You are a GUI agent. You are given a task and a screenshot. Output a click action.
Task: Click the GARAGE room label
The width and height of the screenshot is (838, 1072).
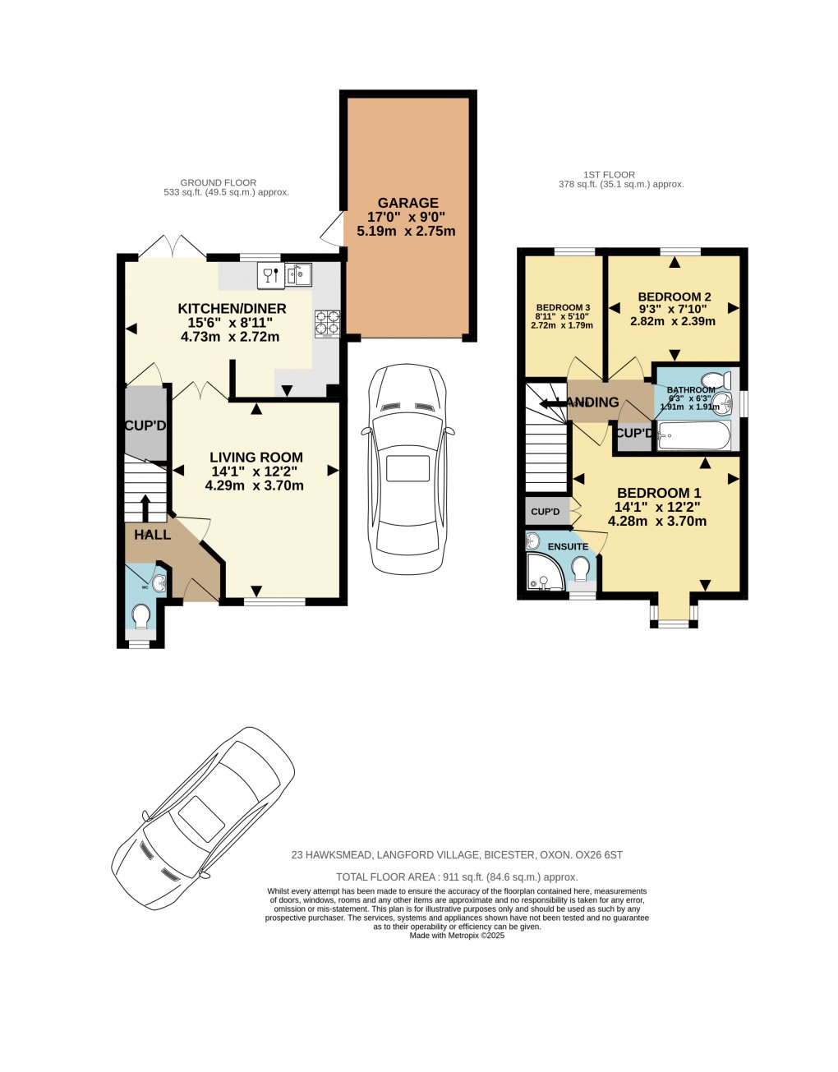[407, 203]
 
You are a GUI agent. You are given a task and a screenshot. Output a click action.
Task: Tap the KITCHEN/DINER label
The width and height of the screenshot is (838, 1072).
[232, 309]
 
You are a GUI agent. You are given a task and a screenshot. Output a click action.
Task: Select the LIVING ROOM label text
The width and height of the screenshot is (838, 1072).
[256, 458]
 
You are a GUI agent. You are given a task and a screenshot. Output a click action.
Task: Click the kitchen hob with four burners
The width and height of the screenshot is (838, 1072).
[328, 323]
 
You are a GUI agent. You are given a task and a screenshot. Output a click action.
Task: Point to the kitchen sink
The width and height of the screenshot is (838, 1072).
[298, 275]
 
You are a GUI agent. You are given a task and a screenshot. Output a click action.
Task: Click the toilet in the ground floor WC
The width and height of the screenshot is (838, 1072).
[141, 615]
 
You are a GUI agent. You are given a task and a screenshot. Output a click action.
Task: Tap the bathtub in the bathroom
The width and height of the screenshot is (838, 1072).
[694, 436]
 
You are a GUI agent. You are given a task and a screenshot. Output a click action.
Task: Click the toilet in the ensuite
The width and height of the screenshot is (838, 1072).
[582, 568]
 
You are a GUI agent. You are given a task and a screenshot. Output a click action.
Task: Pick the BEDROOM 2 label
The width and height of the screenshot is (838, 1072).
[674, 297]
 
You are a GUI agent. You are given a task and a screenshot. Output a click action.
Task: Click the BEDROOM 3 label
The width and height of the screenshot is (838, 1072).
[563, 307]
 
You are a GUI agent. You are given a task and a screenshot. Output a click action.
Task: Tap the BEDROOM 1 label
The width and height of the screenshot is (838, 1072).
[659, 493]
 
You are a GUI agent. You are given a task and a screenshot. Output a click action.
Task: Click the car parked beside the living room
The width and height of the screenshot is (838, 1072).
[407, 468]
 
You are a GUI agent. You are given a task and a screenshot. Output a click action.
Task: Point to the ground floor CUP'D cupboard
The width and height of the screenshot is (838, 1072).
[145, 426]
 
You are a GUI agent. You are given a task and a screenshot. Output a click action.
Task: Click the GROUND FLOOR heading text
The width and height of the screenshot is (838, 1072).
[218, 182]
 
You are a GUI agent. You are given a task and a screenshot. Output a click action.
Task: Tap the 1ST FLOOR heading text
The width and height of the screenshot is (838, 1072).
[609, 174]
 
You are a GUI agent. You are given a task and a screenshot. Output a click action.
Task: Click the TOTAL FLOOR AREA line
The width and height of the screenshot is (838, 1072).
[457, 877]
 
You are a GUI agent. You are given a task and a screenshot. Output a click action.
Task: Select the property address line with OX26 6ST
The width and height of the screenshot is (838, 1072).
[457, 855]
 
